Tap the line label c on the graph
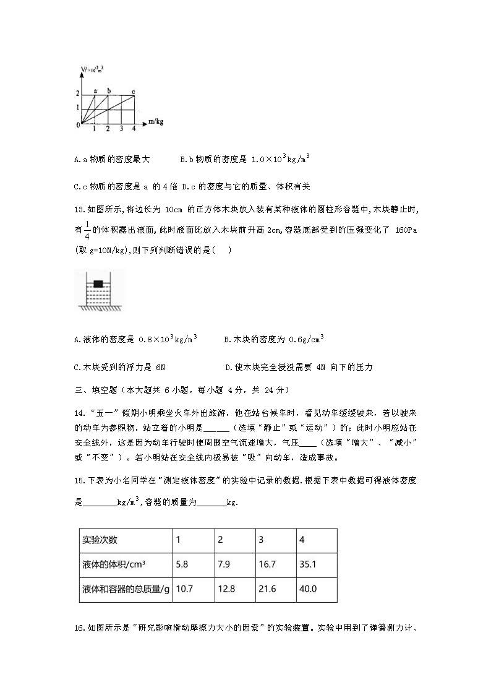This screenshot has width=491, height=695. [134, 91]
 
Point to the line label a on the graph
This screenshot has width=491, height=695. [95, 91]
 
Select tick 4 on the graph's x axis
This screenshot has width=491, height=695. [134, 129]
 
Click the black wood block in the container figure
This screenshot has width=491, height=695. [98, 283]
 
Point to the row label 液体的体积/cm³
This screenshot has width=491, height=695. [117, 564]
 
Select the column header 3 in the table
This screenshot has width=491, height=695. [261, 540]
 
